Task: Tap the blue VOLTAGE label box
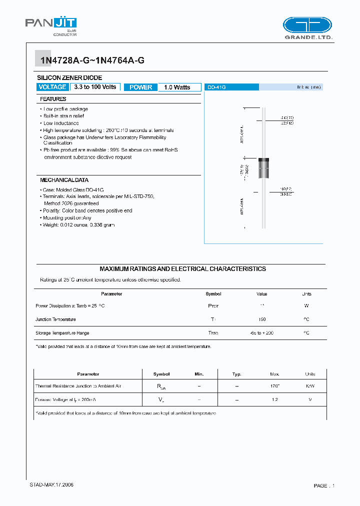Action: pos(52,87)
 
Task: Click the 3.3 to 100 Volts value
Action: pos(95,87)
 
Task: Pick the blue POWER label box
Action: pos(140,87)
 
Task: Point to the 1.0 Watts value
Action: pos(177,87)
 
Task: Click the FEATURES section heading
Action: pos(53,99)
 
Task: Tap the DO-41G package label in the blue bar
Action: pos(217,87)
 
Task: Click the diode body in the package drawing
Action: pos(263,168)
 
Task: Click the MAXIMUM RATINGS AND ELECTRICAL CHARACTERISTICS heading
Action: pos(182,269)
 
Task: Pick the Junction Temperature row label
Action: pos(55,319)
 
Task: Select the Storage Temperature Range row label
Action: pos(62,333)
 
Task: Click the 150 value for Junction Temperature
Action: pos(262,319)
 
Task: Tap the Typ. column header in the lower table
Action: pos(236,374)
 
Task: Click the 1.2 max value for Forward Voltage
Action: pos(274,399)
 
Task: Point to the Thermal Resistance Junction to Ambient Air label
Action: pos(78,386)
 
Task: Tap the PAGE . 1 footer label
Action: pos(324,485)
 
